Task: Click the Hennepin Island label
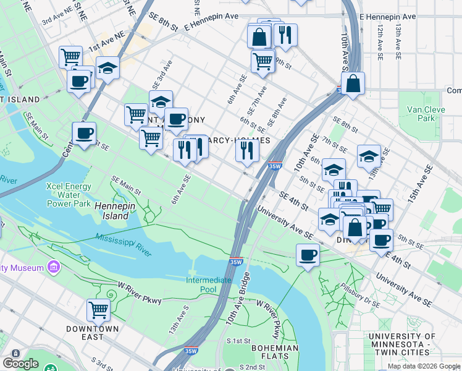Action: click(x=112, y=211)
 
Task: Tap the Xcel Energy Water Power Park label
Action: click(x=69, y=194)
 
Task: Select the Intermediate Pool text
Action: click(x=209, y=284)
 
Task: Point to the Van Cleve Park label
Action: click(x=421, y=114)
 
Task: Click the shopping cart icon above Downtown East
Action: click(x=98, y=310)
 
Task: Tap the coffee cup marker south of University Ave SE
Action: click(x=308, y=254)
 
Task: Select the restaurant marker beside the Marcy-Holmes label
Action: click(x=246, y=150)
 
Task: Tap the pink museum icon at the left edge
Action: click(x=54, y=268)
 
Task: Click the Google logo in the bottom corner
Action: click(x=20, y=364)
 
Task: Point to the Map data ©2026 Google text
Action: click(x=423, y=366)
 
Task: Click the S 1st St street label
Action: click(x=238, y=341)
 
